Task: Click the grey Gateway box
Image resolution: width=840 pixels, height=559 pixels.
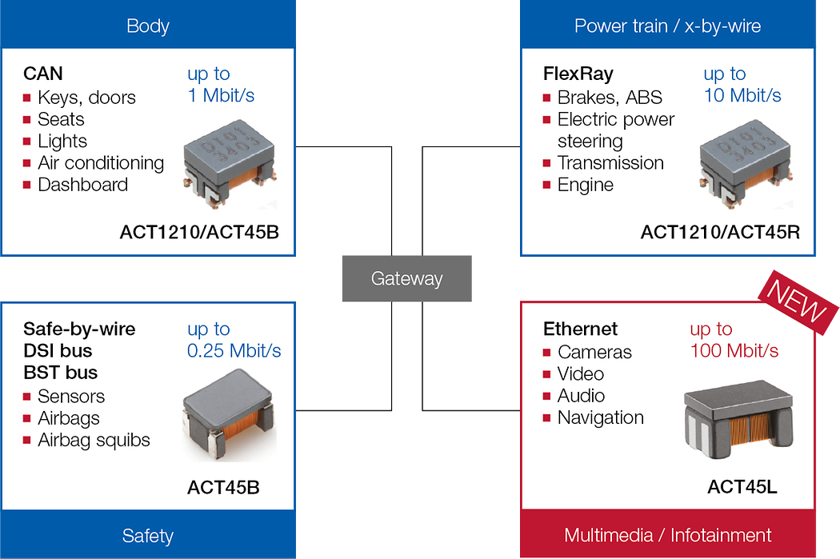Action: (x=406, y=279)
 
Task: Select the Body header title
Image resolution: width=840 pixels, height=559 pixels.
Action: (x=148, y=26)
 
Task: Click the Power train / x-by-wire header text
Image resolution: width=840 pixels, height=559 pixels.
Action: (x=667, y=26)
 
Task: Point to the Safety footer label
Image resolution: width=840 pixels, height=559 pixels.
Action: (x=148, y=535)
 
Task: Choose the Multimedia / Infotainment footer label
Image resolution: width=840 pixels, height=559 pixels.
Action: (x=667, y=535)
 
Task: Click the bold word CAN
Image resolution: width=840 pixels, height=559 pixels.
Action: (x=43, y=74)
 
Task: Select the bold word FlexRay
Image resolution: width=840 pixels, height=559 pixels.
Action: (x=578, y=74)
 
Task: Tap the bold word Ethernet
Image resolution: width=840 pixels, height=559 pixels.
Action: (x=580, y=329)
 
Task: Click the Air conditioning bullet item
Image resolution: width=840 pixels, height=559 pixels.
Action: (x=101, y=163)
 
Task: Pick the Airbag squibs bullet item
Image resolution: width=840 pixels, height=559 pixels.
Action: (x=94, y=440)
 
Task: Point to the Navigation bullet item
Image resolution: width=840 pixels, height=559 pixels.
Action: (x=600, y=417)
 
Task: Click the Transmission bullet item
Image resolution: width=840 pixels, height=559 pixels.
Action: (x=610, y=163)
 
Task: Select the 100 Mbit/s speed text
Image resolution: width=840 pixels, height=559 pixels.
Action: (x=734, y=350)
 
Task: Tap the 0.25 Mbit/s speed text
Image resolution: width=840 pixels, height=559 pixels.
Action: (x=234, y=350)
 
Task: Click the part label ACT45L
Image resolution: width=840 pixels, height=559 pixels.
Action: (x=742, y=487)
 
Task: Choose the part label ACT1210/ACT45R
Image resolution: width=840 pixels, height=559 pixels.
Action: (x=720, y=232)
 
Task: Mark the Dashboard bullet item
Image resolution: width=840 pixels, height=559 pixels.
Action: (x=82, y=185)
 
